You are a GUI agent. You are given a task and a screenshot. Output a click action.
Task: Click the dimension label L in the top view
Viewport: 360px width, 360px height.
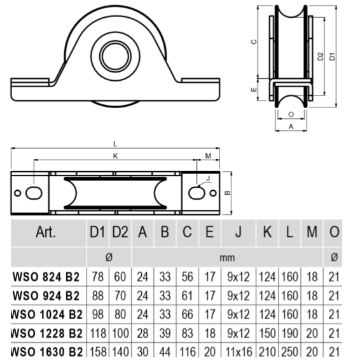tap(115, 144)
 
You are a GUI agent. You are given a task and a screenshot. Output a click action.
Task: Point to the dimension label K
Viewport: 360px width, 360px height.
tap(115, 155)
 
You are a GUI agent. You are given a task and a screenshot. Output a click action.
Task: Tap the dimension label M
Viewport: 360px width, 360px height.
tap(208, 156)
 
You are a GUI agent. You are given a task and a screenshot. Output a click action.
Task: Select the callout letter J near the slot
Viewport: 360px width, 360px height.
tap(207, 179)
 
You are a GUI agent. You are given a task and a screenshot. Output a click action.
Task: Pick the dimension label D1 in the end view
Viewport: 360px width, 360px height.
tap(333, 56)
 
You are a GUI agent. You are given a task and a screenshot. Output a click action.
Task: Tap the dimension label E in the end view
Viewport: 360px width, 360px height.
tap(253, 90)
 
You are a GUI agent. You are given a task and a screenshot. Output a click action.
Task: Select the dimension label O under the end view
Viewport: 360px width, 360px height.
tap(291, 115)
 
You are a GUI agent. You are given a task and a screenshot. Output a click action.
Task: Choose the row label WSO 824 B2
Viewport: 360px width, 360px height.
tap(46, 277)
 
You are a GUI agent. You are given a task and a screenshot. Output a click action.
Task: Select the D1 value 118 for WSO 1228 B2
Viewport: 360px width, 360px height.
tap(97, 333)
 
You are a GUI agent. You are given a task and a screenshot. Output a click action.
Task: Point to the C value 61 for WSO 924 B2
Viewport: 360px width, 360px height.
tap(187, 296)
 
